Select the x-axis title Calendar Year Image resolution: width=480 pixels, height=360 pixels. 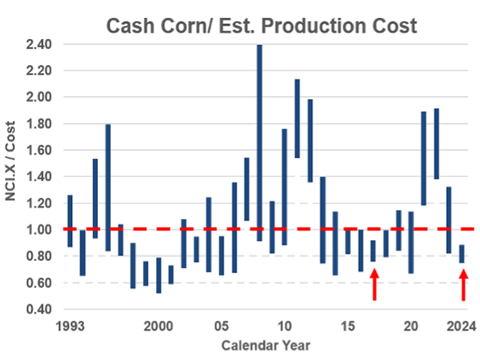pyautogui.click(x=262, y=345)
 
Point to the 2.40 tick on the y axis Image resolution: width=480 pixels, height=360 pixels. pyautogui.click(x=37, y=44)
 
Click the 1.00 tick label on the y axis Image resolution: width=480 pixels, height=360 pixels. pyautogui.click(x=37, y=229)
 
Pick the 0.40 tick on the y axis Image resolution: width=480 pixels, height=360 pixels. pyautogui.click(x=37, y=309)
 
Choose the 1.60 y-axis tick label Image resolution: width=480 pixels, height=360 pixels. pyautogui.click(x=37, y=150)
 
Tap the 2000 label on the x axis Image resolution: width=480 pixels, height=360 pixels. pyautogui.click(x=158, y=327)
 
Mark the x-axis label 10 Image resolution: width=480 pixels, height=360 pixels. pyautogui.click(x=284, y=327)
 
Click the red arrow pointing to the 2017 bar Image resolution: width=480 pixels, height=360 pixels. pyautogui.click(x=373, y=284)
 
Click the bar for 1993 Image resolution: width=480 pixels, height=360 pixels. pyautogui.click(x=70, y=220)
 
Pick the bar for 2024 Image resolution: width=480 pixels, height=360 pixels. pyautogui.click(x=463, y=253)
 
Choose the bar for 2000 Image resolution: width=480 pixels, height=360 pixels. pyautogui.click(x=158, y=275)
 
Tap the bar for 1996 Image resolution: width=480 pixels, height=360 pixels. pyautogui.click(x=108, y=187)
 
